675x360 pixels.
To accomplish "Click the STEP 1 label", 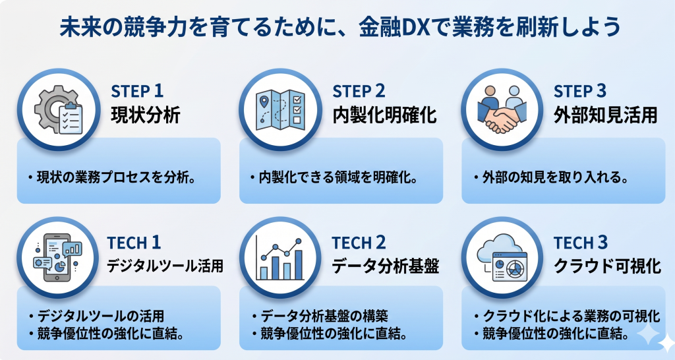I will pos(136,91).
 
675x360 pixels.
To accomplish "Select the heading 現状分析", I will pos(145,116).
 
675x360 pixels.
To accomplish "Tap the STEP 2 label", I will pos(359,91).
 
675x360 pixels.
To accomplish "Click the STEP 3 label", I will pos(581,91).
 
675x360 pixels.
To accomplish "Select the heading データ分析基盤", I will pos(386,266).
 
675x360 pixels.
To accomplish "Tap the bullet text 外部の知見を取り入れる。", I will pos(550,178).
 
